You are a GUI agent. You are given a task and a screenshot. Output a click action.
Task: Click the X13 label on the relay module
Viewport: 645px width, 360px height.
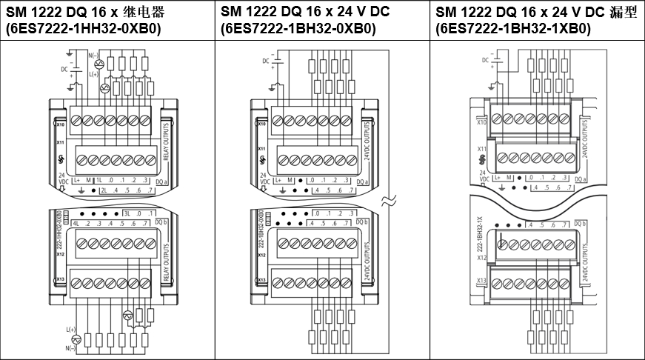[61, 279]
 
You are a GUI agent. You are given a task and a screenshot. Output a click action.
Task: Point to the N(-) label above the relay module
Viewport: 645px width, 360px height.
[93, 56]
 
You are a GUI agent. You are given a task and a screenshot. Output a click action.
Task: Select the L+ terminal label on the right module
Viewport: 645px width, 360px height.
[498, 178]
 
